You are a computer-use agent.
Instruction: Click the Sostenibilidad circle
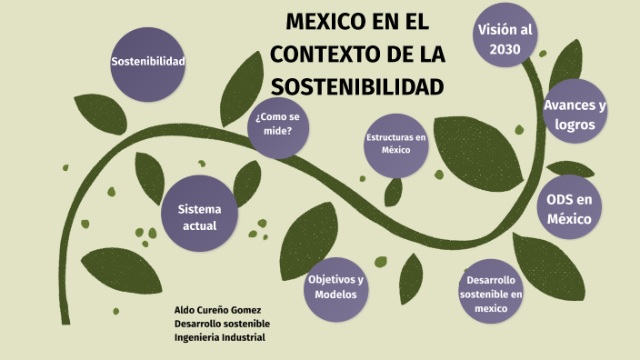coord(147,62)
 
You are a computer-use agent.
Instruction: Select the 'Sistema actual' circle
coord(199,216)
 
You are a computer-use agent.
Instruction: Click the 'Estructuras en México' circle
coord(395,144)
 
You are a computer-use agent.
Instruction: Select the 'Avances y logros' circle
coord(575,115)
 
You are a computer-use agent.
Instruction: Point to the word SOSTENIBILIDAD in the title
coord(357,88)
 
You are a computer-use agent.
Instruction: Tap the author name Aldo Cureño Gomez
coord(217,310)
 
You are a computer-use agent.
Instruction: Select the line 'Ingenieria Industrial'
coord(219,337)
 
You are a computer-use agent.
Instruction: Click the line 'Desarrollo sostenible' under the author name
coord(222,324)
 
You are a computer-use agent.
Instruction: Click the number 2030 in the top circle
coord(505,50)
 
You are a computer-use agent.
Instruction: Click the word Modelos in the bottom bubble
coord(335,295)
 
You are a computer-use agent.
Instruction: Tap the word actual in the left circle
coord(199,225)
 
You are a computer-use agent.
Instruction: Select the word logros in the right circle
coord(575,125)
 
